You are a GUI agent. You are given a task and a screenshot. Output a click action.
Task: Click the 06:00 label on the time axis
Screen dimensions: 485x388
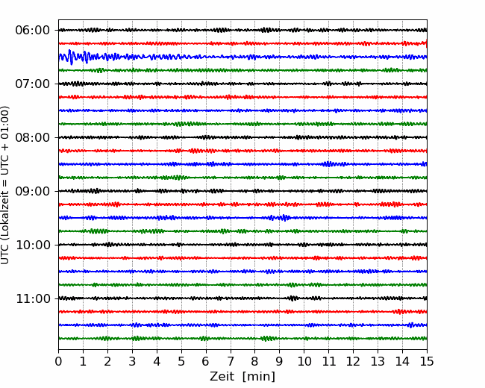[x=33, y=31]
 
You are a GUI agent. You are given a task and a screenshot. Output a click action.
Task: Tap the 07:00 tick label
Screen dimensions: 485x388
[x=33, y=84]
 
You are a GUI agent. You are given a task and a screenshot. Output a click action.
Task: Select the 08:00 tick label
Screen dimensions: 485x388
[x=33, y=137]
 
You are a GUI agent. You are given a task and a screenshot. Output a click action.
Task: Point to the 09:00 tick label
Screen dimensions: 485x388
[x=33, y=191]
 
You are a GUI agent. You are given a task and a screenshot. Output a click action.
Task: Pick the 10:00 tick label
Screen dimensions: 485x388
[x=33, y=245]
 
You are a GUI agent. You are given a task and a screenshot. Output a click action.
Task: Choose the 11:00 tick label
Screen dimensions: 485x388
[x=33, y=298]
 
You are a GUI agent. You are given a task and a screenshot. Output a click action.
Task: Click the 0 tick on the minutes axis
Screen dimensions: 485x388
[x=58, y=361]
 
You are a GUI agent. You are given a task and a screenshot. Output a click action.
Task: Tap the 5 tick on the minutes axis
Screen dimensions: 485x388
[x=181, y=361]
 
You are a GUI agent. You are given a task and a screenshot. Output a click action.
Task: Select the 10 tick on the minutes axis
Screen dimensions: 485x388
[x=304, y=361]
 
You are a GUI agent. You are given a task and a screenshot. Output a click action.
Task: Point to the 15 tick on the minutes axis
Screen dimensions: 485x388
[x=427, y=361]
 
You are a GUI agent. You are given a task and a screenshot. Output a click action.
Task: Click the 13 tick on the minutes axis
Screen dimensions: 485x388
[x=378, y=361]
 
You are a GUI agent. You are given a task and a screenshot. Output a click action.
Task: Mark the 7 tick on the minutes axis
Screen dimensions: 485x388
[x=231, y=361]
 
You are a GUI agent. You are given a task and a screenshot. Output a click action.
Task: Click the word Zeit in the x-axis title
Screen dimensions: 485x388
[x=223, y=376]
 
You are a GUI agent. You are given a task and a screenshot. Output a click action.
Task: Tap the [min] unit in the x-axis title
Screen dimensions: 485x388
[x=259, y=377]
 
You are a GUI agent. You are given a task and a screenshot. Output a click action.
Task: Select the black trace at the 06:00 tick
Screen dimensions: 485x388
[x=242, y=30]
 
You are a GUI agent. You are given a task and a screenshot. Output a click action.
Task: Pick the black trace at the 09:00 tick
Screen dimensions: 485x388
[x=242, y=191]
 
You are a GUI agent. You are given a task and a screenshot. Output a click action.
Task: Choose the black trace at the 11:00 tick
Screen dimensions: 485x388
[x=242, y=298]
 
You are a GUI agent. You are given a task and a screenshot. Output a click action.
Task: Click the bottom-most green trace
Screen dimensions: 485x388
[x=242, y=339]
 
